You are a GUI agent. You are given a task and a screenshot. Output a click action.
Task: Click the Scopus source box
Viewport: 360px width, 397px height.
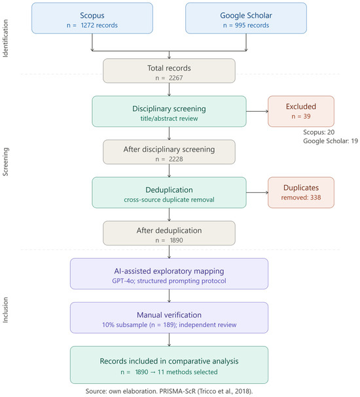click(x=92, y=18)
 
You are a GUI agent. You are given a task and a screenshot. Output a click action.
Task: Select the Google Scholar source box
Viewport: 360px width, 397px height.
click(x=246, y=18)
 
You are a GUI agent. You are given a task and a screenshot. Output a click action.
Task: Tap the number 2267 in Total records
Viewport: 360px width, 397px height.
click(x=176, y=78)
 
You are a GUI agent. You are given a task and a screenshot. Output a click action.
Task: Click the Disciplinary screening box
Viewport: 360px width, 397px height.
click(x=169, y=111)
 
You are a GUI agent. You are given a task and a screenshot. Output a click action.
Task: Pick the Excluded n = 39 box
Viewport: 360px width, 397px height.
click(x=301, y=111)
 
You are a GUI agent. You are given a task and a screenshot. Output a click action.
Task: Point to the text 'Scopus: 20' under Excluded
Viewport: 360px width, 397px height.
click(x=319, y=132)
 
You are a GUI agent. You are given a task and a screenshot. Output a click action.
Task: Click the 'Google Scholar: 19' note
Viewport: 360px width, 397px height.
click(x=331, y=141)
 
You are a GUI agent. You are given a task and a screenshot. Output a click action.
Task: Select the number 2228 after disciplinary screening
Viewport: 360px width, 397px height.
click(x=176, y=159)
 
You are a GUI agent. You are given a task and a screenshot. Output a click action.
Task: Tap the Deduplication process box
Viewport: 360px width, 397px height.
click(x=169, y=193)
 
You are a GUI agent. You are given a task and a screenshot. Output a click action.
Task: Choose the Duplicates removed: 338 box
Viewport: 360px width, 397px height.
click(x=301, y=193)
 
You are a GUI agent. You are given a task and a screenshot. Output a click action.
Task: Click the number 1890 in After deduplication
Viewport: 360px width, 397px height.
click(x=176, y=240)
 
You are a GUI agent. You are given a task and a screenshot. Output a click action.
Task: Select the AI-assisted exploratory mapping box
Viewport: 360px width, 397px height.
click(x=169, y=273)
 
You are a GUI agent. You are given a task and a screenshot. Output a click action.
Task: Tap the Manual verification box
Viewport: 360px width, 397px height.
click(x=169, y=318)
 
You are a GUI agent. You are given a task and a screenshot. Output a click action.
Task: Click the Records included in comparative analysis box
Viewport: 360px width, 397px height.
click(x=169, y=365)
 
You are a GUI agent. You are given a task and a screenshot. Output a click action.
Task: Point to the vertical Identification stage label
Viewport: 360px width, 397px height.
click(x=5, y=39)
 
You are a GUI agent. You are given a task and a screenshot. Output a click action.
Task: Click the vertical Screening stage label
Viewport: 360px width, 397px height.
click(x=5, y=162)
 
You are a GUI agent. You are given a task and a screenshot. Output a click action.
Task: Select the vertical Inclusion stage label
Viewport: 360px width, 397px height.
click(x=5, y=310)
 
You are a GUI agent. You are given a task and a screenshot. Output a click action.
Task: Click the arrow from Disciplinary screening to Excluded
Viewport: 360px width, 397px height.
click(x=257, y=111)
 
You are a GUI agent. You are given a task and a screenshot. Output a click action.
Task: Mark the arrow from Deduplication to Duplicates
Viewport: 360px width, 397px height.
click(x=257, y=193)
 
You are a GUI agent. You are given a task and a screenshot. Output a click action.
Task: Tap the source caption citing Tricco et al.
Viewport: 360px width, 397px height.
click(x=169, y=391)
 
